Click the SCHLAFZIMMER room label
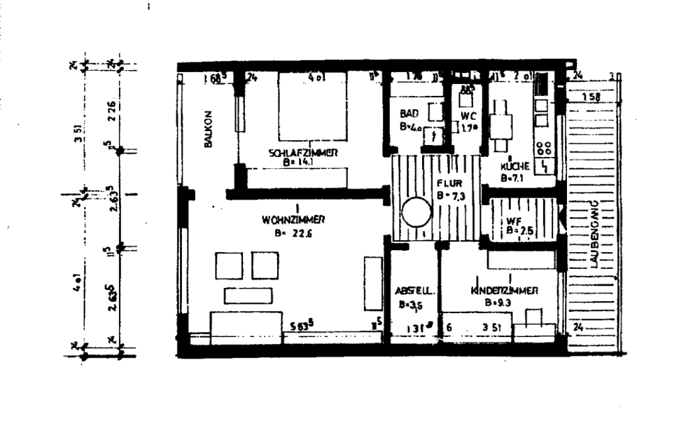(x=304, y=152)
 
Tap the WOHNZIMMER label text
(x=294, y=219)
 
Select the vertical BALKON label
(x=208, y=130)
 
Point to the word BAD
(x=409, y=113)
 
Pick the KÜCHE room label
(x=514, y=167)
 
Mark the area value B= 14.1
(x=299, y=161)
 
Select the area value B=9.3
(x=498, y=303)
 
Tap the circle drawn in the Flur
(x=416, y=212)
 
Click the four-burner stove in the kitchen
(x=543, y=149)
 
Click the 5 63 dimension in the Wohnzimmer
(x=302, y=325)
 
